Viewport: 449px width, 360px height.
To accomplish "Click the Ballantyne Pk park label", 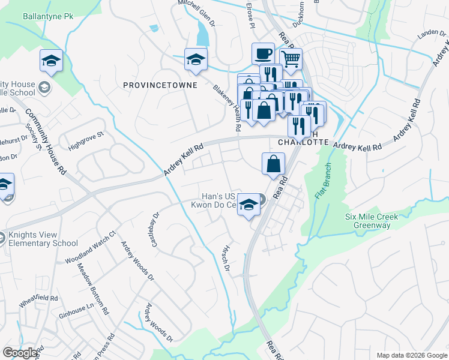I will [x=47, y=16].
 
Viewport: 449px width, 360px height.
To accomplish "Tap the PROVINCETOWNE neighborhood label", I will [x=160, y=85].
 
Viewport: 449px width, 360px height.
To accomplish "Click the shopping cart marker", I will [x=290, y=59].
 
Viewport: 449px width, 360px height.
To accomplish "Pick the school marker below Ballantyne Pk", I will [x=52, y=60].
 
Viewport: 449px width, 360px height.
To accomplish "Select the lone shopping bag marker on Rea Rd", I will [x=273, y=163].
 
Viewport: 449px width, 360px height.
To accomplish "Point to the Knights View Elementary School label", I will [x=43, y=239].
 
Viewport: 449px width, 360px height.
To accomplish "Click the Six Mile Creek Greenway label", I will [x=376, y=221].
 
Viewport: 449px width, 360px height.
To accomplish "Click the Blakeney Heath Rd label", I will [x=228, y=107].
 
